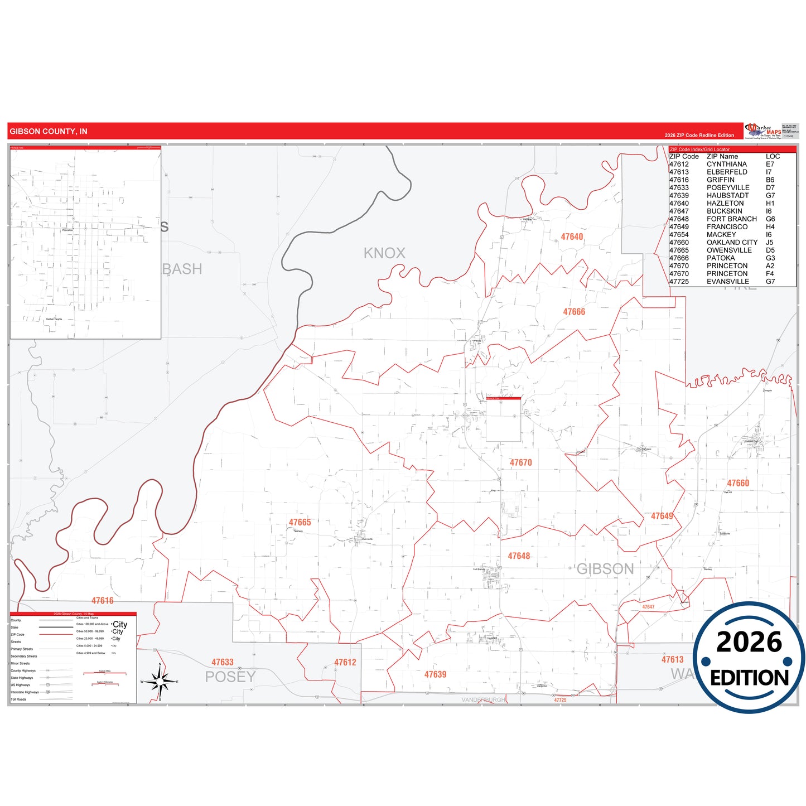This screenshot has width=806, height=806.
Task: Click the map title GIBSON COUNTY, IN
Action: point(49,132)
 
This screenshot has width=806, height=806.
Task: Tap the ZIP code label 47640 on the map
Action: point(572,237)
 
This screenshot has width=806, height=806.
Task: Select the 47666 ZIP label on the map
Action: point(574,312)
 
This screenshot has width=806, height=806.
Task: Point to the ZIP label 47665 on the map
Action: point(300,523)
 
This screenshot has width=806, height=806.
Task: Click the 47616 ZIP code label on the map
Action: point(103,601)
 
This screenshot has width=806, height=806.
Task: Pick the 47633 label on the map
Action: point(223,663)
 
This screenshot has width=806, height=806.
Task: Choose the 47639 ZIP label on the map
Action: point(435,674)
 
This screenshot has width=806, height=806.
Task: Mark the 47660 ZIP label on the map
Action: point(738,483)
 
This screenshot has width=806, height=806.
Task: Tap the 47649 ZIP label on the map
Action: point(662,516)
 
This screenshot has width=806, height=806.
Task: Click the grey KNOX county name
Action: point(384,253)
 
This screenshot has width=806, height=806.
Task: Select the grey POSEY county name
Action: point(230,677)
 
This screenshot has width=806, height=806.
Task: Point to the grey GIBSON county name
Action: point(605,569)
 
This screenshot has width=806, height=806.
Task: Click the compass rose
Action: point(160,682)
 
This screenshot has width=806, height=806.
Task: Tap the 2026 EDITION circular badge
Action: point(749,658)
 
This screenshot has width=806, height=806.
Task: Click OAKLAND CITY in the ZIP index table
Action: point(732,243)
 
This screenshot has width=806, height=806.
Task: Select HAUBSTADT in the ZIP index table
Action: point(727,196)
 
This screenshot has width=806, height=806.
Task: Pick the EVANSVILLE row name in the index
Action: point(727,282)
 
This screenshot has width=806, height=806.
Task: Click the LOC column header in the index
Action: point(773,157)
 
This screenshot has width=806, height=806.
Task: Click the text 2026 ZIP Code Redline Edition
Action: point(699,136)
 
